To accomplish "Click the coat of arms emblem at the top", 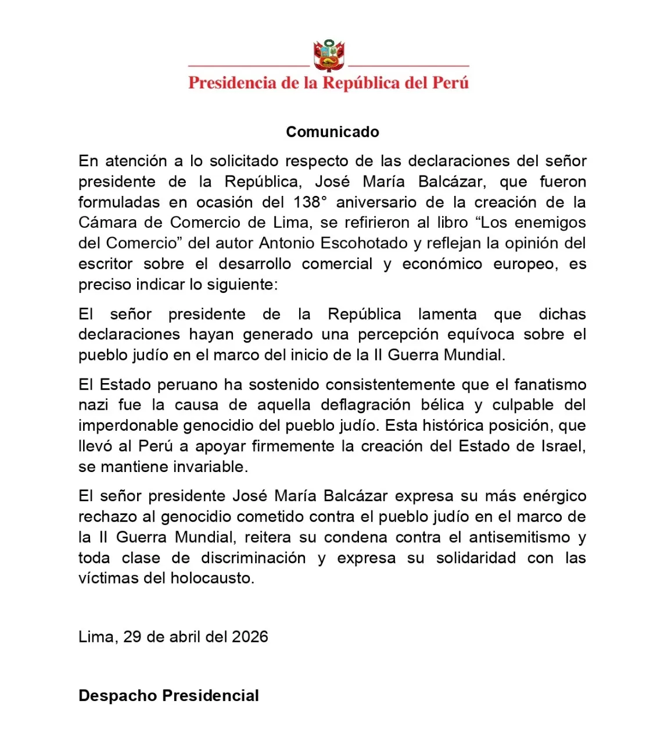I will coord(329,56).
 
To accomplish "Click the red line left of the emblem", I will coord(249,66).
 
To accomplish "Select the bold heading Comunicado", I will coord(332,132).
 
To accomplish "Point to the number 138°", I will coord(307,202).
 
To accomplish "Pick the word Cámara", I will coord(107,223).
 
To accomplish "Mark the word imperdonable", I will coord(128,426).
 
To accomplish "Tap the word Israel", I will coord(562,446).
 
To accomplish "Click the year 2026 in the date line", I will coord(250,637).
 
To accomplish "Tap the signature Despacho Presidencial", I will coord(168,696).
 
